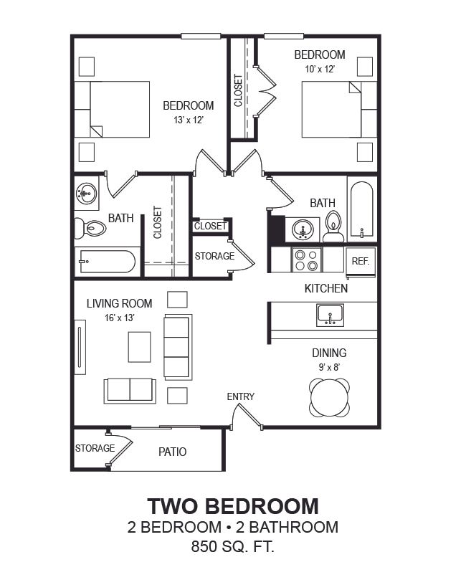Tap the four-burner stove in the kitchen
coord(306,260)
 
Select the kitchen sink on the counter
coord(331,315)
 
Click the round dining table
coord(330,398)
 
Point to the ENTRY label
coord(241,396)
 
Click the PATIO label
coord(172,452)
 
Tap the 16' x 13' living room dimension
coord(120,318)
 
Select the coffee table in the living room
coord(140,347)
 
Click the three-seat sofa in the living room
coord(178,347)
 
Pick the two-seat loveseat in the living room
coord(130,391)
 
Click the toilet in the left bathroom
coord(90,227)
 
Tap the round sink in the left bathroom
coord(87,194)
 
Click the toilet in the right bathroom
coord(333,227)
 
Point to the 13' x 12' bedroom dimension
coord(189,120)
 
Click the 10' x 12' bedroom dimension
coord(320,69)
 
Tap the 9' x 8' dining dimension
coord(330,367)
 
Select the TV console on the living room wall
coord(80,347)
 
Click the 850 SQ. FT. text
coord(233,546)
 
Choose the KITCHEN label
coord(326,288)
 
